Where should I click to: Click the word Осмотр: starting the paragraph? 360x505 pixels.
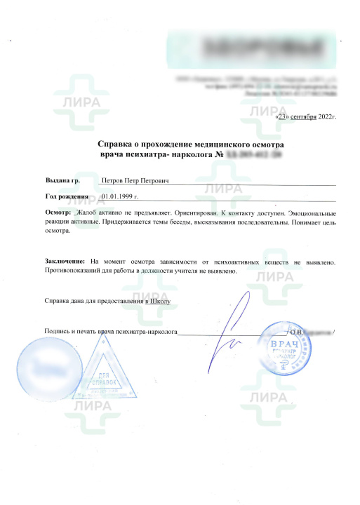58,211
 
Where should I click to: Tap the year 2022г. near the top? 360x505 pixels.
326,116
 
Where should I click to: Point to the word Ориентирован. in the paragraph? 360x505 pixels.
191,211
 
